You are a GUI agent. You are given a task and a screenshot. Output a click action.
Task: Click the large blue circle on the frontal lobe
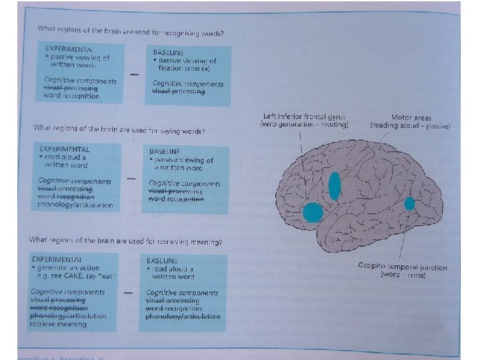(313, 213)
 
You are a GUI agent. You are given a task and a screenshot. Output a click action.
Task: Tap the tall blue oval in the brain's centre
(335, 186)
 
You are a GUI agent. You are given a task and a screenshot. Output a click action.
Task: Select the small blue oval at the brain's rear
(409, 203)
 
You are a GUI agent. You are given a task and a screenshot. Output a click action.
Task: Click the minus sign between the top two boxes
(135, 75)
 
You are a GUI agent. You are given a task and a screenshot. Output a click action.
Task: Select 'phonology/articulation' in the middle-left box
(75, 205)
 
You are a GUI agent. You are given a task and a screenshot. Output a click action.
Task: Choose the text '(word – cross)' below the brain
(400, 274)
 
